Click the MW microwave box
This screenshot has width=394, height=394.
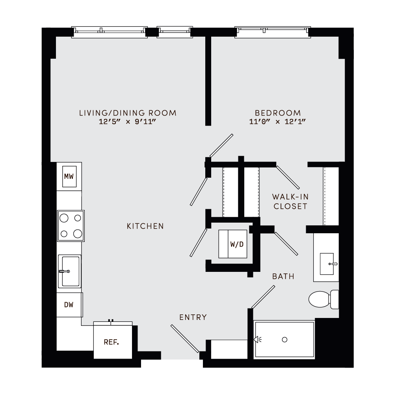[69, 176]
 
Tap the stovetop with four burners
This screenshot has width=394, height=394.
[71, 226]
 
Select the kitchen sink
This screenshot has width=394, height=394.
[69, 271]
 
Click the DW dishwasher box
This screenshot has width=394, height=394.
[69, 305]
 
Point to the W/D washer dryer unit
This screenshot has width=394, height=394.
[233, 244]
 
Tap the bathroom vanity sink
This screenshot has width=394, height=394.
[327, 264]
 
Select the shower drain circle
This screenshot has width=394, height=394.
[285, 340]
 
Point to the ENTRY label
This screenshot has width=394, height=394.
[193, 317]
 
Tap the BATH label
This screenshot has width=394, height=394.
[283, 277]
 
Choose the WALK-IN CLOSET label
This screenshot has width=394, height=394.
[290, 201]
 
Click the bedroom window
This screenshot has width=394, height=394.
[273, 32]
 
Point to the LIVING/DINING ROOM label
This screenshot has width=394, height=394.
[128, 113]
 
